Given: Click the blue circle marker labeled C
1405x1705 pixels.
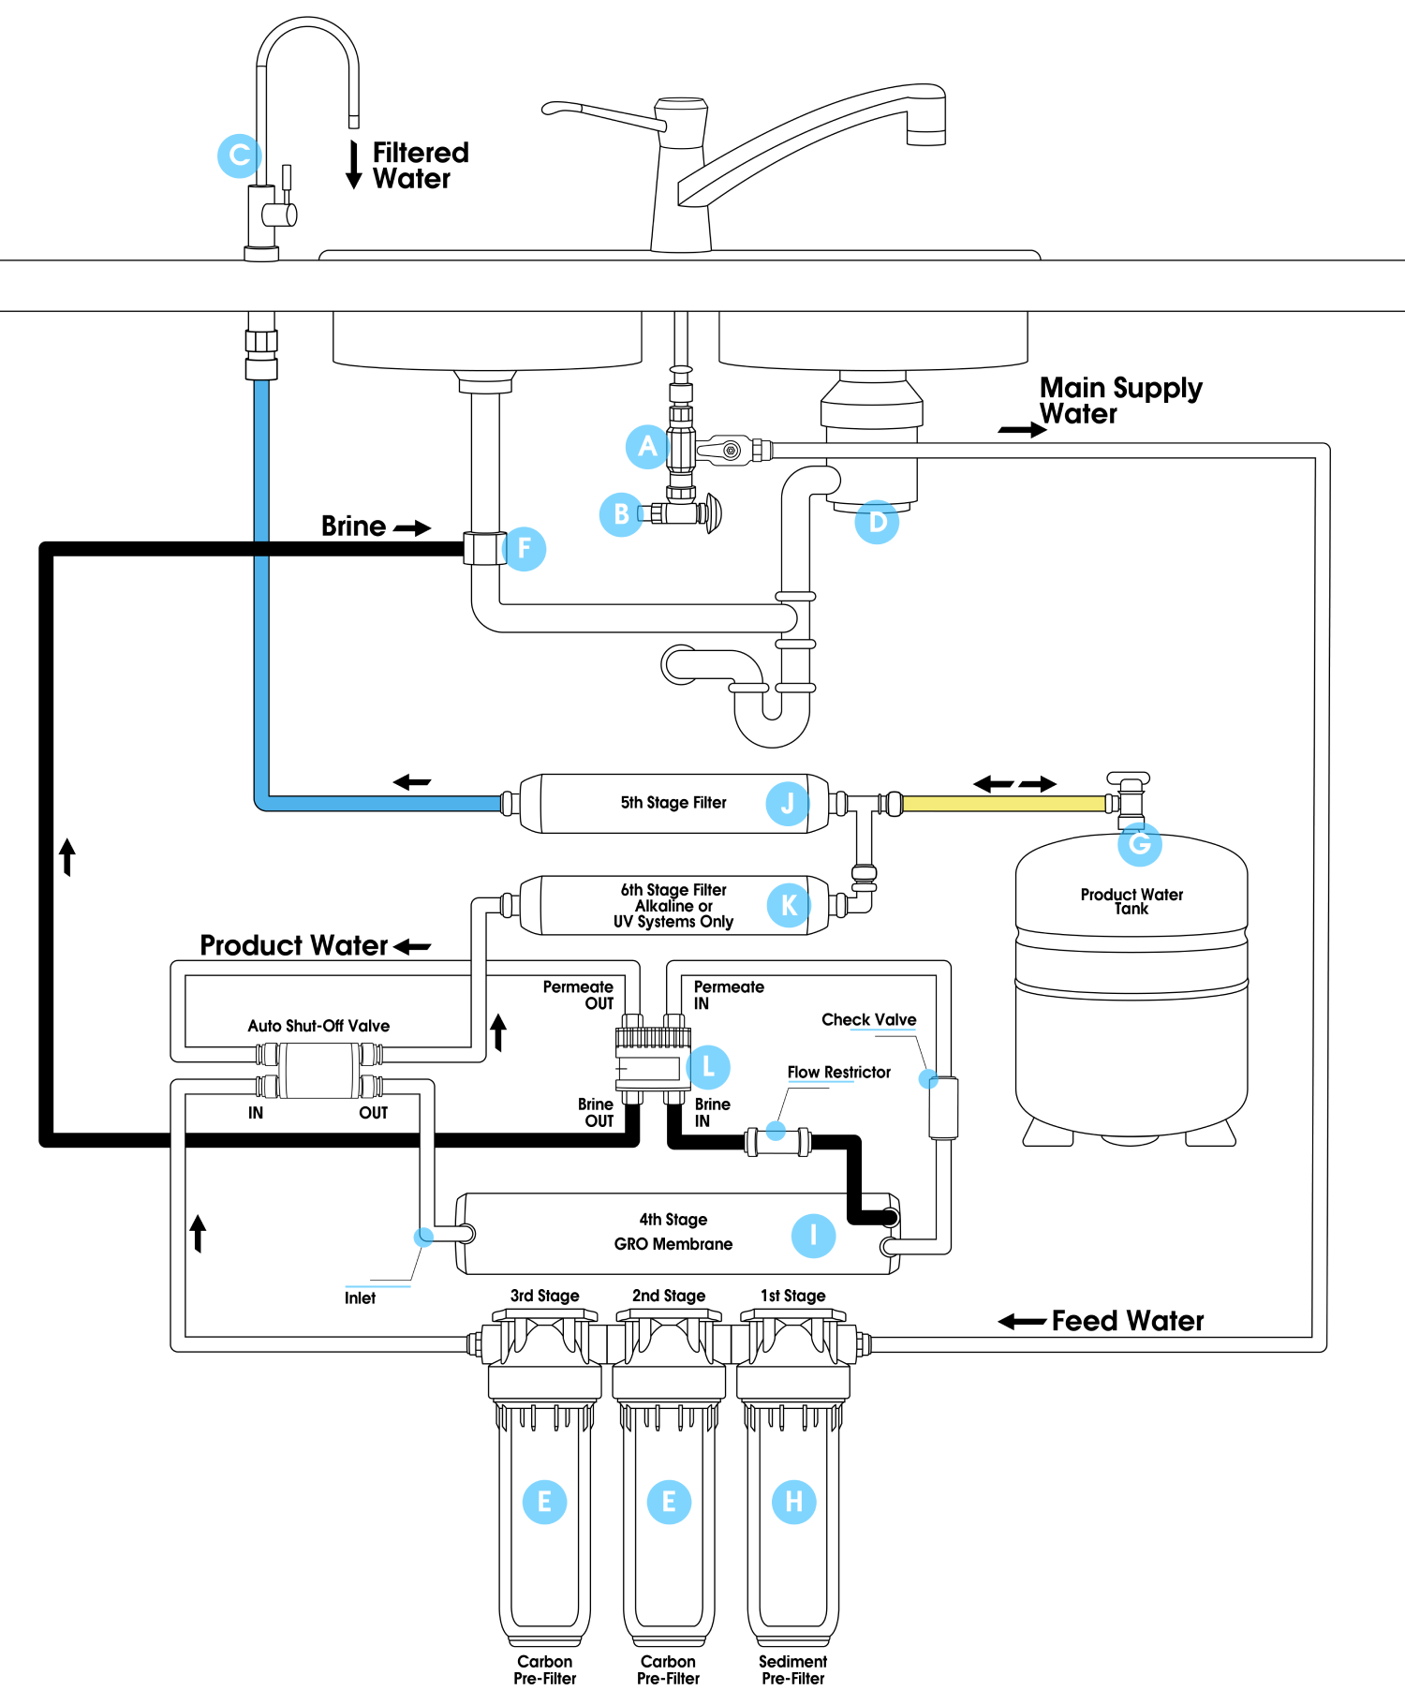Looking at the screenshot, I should [239, 156].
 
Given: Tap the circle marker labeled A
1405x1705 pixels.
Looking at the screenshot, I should [647, 447].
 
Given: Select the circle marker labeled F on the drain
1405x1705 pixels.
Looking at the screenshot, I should [525, 549].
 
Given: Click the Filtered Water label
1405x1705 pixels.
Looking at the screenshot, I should [420, 165].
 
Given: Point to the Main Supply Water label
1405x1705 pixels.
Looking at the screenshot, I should [1120, 400].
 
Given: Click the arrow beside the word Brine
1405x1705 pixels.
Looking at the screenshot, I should [412, 528].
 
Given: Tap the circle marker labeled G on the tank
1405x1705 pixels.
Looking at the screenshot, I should [1140, 843].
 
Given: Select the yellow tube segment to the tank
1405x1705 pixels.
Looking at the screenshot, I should [1003, 804].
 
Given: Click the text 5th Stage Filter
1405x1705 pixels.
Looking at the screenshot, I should [673, 803].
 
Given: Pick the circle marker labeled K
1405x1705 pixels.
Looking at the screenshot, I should [789, 905].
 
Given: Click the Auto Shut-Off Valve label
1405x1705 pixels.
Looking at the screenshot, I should [318, 1026].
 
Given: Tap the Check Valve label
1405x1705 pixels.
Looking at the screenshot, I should [868, 1019].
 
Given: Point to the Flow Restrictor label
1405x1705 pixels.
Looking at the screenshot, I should [838, 1072].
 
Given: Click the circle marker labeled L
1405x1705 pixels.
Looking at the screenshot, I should [708, 1067].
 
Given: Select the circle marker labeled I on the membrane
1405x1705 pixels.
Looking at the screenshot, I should [813, 1235].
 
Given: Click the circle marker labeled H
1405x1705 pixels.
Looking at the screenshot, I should [793, 1502].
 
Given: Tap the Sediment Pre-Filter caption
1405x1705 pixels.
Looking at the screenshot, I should [792, 1669].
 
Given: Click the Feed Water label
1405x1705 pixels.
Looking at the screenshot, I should [1127, 1321].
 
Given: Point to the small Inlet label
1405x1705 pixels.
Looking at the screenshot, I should [360, 1297].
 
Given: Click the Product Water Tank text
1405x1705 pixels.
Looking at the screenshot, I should [1131, 901].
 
